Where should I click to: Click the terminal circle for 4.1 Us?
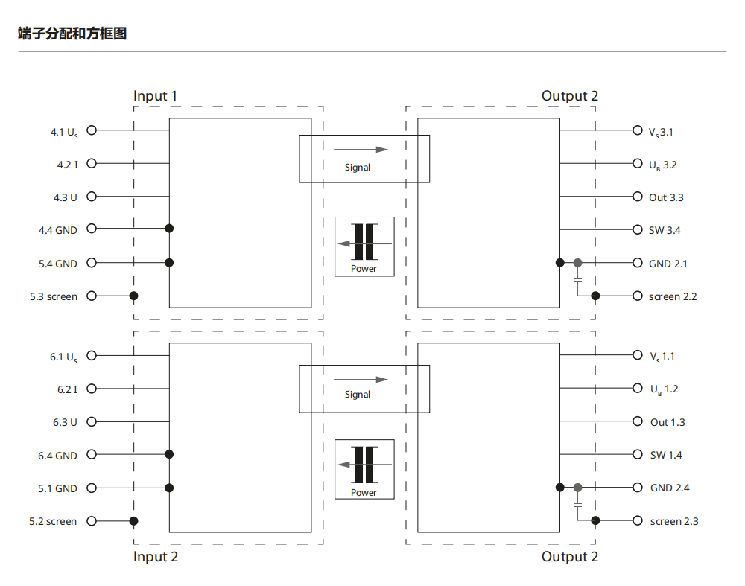click(x=92, y=130)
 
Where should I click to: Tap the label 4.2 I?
click(x=67, y=165)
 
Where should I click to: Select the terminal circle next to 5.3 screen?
click(x=92, y=296)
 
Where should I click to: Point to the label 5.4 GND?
click(x=57, y=264)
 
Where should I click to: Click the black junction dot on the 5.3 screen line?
click(x=134, y=296)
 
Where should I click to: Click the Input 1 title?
click(x=155, y=96)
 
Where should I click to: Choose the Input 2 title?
click(x=155, y=557)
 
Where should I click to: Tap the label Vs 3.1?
click(x=661, y=133)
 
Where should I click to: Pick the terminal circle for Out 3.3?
click(x=637, y=197)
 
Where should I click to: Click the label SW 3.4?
click(x=665, y=230)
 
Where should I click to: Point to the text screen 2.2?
click(x=673, y=296)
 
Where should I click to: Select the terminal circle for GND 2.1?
click(x=637, y=263)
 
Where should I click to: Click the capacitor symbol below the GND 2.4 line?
click(x=578, y=505)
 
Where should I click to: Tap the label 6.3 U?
click(x=65, y=422)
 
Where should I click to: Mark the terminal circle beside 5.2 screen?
click(x=92, y=521)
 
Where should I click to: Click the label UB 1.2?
click(x=664, y=389)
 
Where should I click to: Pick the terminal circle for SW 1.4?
click(x=637, y=454)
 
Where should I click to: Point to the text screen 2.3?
click(x=673, y=521)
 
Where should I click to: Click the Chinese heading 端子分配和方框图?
click(x=72, y=34)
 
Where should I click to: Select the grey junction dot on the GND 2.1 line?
click(x=578, y=263)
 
